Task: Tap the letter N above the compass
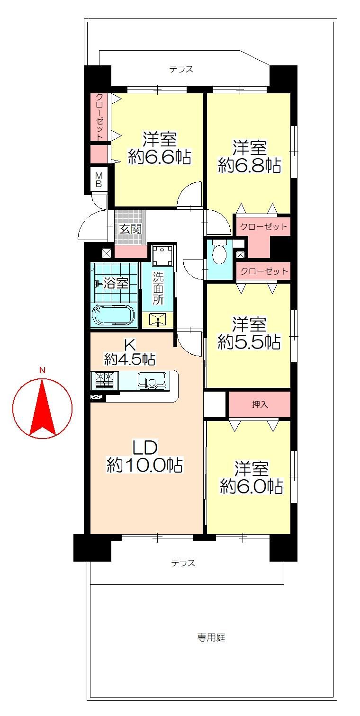pyautogui.click(x=42, y=371)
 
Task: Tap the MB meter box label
pyautogui.click(x=99, y=180)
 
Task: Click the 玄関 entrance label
pyautogui.click(x=130, y=229)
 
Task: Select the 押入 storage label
pyautogui.click(x=260, y=404)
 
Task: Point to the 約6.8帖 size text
pyautogui.click(x=249, y=166)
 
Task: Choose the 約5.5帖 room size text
pyautogui.click(x=249, y=342)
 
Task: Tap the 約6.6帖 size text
pyautogui.click(x=160, y=157)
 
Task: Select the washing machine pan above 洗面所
pyautogui.click(x=162, y=255)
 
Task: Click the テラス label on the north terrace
pyautogui.click(x=181, y=69)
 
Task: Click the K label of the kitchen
pyautogui.click(x=129, y=345)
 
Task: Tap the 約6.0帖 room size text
pyautogui.click(x=252, y=486)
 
